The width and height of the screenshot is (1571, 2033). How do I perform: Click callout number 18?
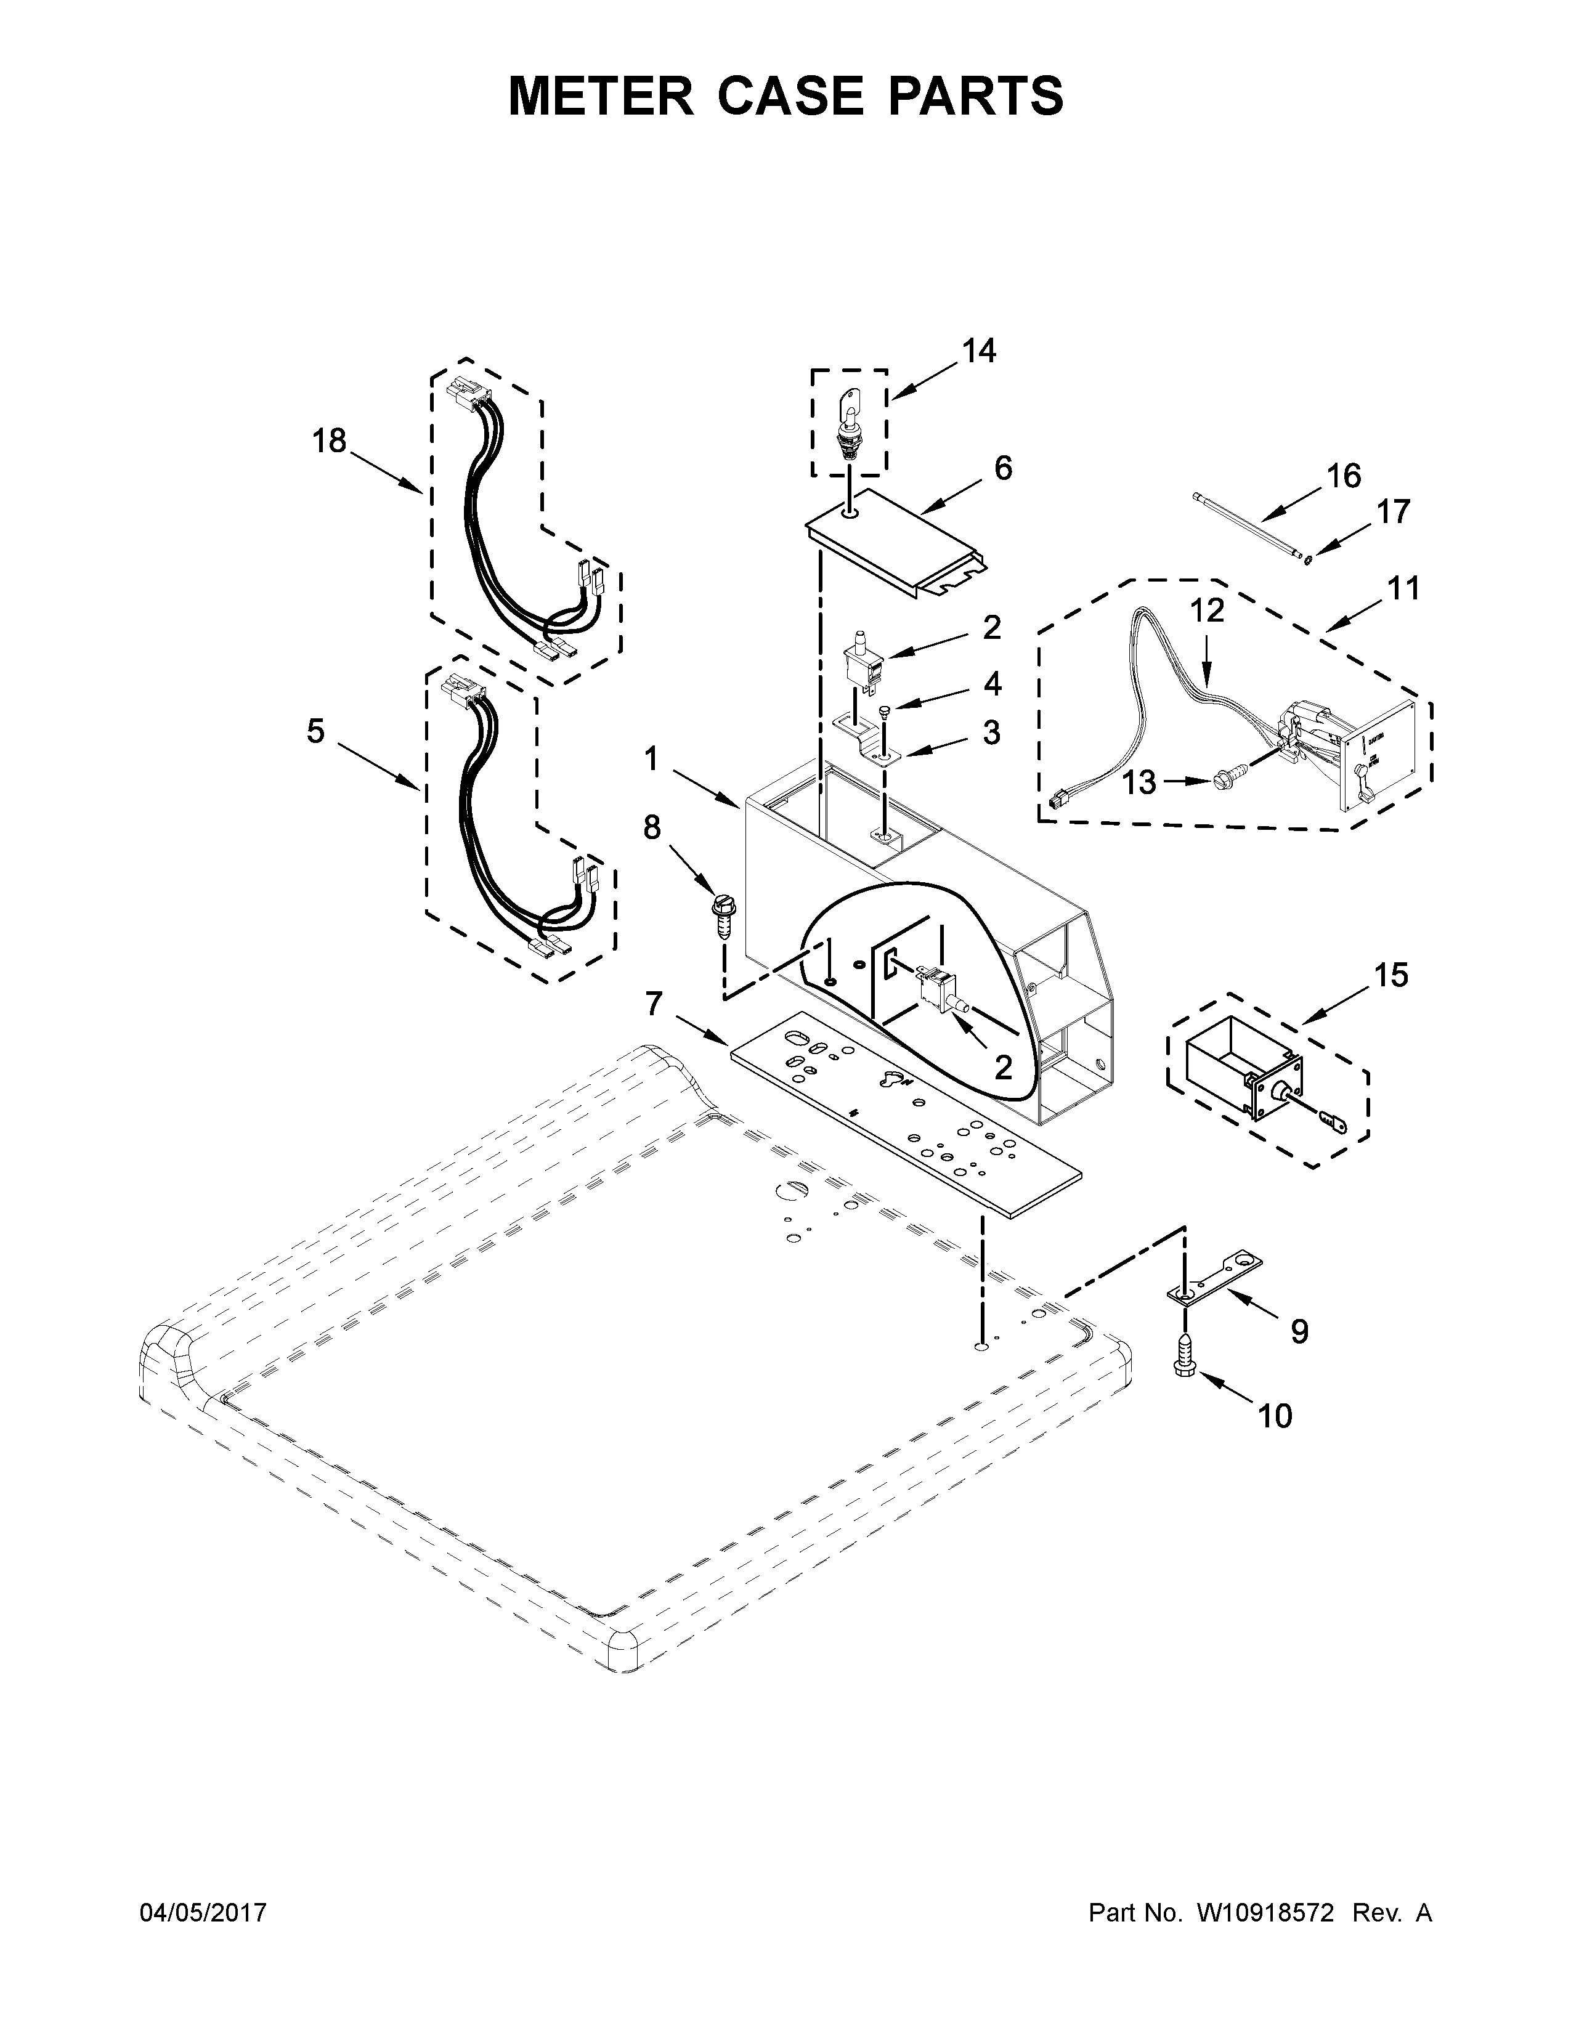click(328, 440)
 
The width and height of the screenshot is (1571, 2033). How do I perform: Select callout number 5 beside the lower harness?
click(317, 732)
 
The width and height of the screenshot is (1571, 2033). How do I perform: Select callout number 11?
click(1403, 588)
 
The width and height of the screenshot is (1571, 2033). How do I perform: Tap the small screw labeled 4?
click(884, 711)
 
